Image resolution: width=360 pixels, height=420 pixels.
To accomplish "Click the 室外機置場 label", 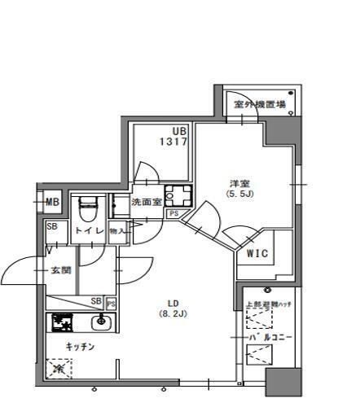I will point(258,104).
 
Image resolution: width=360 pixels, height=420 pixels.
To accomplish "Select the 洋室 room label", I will point(238,182).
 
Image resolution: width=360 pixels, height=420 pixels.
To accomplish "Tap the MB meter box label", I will point(52,202).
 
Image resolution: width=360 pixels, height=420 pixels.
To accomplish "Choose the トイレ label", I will point(89,231).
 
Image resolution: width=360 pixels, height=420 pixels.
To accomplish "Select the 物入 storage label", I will point(117,231).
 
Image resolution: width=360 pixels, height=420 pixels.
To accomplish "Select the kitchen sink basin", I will point(100,323).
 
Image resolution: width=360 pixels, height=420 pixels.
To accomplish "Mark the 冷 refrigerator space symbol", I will point(59,369).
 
